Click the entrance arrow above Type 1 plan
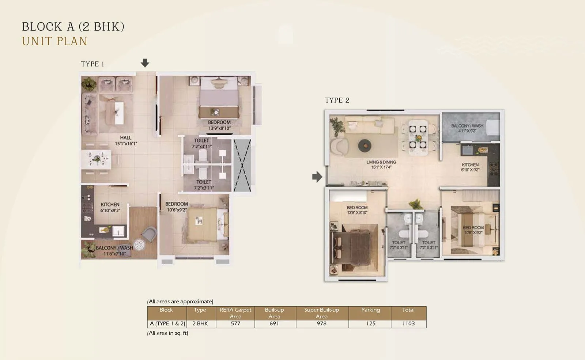click(x=145, y=63)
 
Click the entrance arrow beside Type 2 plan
click(x=317, y=177)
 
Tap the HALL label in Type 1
click(x=125, y=138)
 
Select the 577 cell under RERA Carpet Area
click(x=235, y=323)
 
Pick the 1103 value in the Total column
click(x=408, y=323)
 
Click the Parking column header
click(x=370, y=310)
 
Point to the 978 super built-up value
click(x=321, y=323)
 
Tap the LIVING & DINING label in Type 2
click(x=381, y=162)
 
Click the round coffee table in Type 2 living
click(x=365, y=145)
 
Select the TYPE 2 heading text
click(x=337, y=100)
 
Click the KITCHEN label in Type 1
click(x=110, y=205)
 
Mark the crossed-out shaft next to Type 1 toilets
click(x=242, y=165)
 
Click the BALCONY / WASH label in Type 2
click(x=467, y=126)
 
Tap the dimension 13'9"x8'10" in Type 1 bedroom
click(x=219, y=128)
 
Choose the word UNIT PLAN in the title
click(x=55, y=41)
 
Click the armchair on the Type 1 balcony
click(x=149, y=234)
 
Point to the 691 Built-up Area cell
click(x=274, y=323)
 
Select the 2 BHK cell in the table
click(x=200, y=323)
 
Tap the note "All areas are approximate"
click(x=180, y=302)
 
